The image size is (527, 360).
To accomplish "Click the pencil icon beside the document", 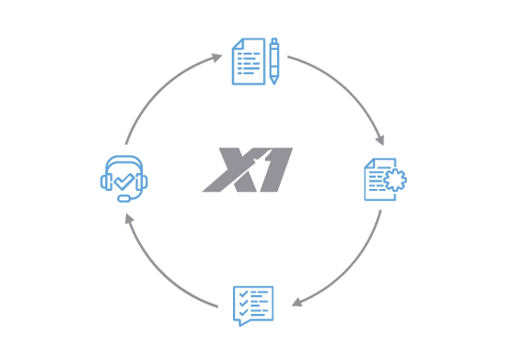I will pyautogui.click(x=274, y=62).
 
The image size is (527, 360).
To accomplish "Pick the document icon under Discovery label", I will pyautogui.click(x=248, y=62).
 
